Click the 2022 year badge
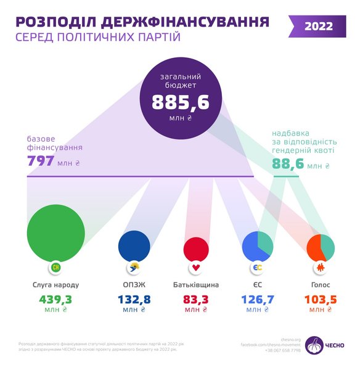point(318,26)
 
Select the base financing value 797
point(40,162)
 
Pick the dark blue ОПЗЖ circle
point(134,245)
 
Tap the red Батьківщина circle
point(196,249)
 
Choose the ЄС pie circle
point(258,247)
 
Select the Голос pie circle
point(320,248)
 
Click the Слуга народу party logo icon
point(55,269)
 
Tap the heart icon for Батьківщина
point(196,269)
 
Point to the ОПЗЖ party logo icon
point(134,269)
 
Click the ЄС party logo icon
point(258,269)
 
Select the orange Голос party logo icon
point(320,269)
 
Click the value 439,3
point(55,300)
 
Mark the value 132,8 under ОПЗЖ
point(134,300)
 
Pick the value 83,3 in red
point(196,300)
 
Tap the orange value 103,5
point(320,300)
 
